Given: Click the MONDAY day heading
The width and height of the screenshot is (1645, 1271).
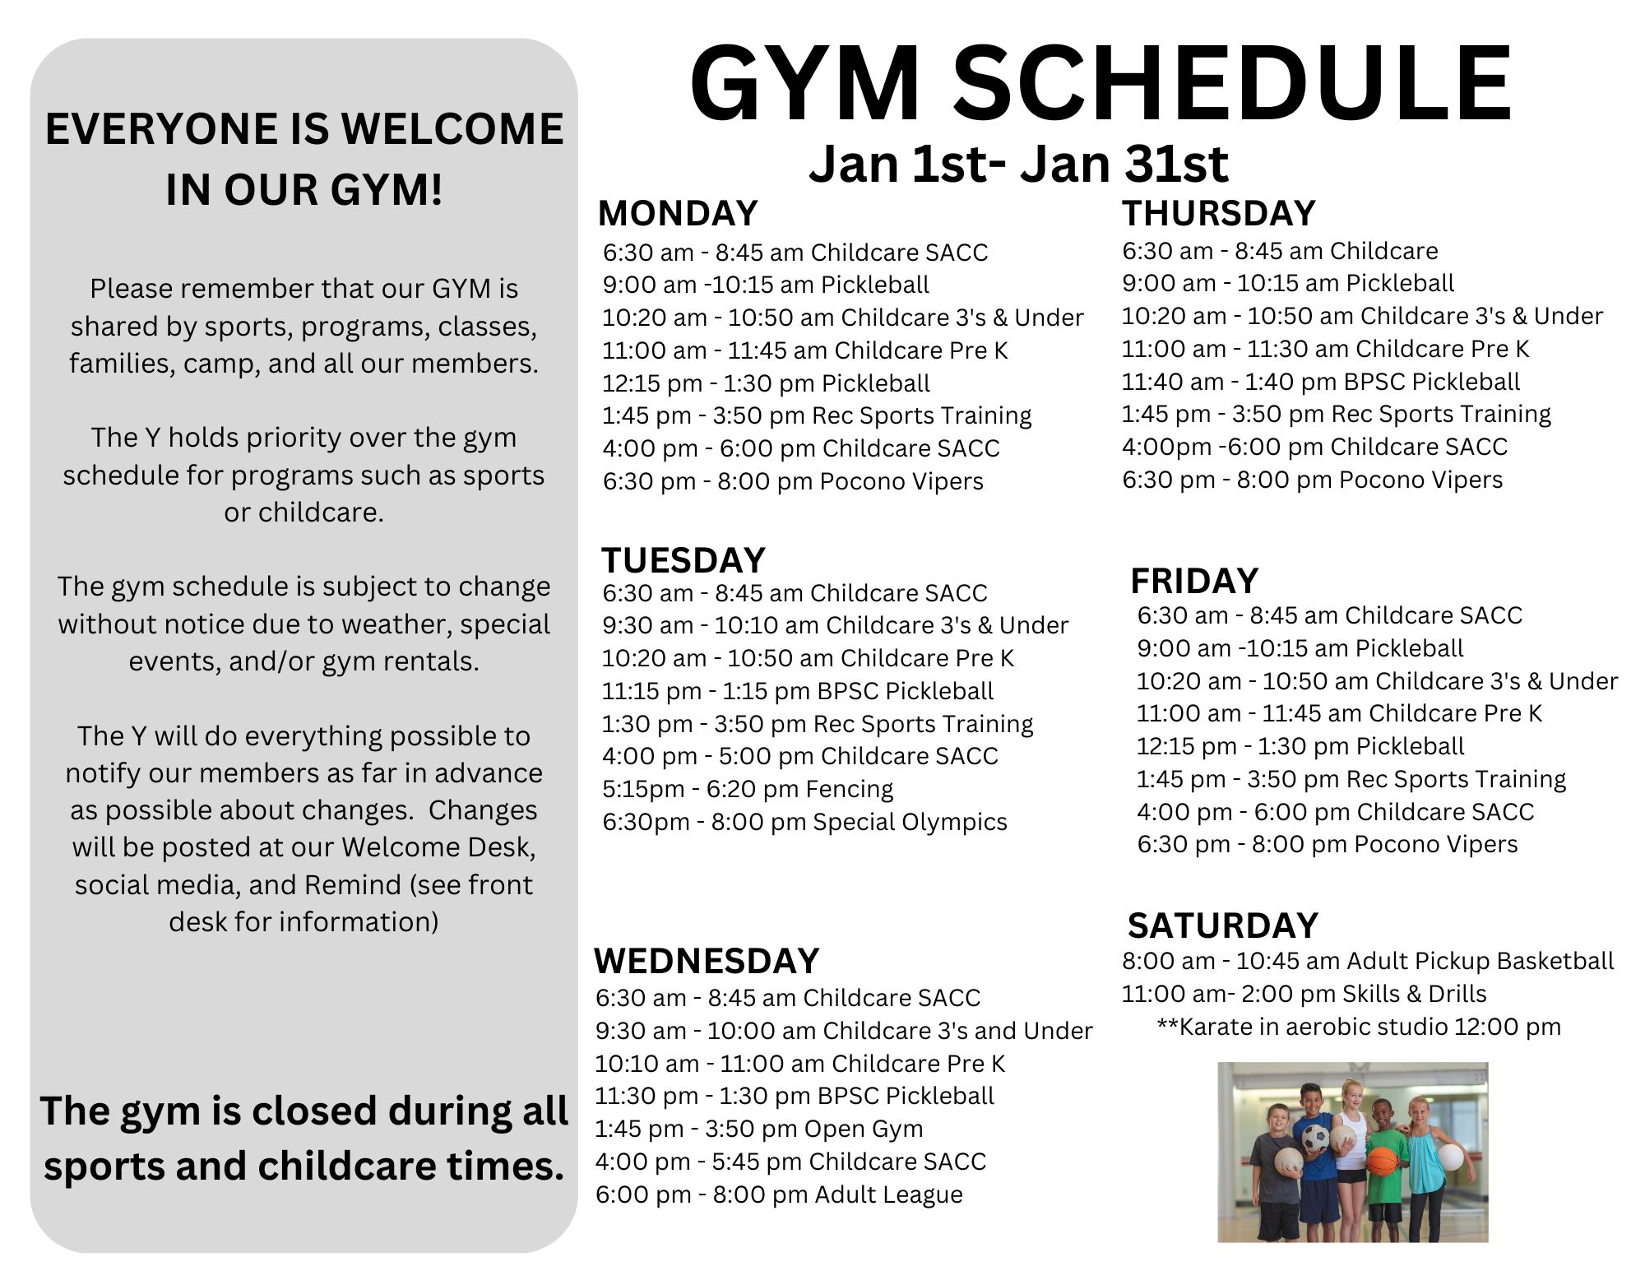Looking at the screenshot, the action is [x=678, y=214].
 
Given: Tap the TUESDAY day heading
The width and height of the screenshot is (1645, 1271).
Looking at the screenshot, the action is [x=683, y=561].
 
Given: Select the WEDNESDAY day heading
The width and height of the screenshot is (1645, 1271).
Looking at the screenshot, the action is [x=707, y=961].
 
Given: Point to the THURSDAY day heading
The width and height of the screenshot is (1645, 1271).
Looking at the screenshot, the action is [x=1219, y=214].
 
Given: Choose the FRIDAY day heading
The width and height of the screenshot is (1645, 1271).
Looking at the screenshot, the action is [x=1194, y=581].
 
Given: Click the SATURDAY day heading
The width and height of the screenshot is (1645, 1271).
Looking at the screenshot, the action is [x=1223, y=925].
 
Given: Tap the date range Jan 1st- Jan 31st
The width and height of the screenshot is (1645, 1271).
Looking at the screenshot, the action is [x=1018, y=163].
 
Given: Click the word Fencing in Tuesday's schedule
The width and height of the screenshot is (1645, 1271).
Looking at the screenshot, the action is [x=849, y=789].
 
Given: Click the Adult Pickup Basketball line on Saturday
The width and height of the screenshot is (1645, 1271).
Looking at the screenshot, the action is [x=1368, y=961].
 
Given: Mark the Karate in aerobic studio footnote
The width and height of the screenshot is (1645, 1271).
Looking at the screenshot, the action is [x=1359, y=1027].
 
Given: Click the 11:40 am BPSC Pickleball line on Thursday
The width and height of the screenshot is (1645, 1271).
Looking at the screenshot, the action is [x=1321, y=382].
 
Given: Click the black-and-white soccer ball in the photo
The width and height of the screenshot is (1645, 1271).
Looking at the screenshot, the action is [x=1316, y=1138].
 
